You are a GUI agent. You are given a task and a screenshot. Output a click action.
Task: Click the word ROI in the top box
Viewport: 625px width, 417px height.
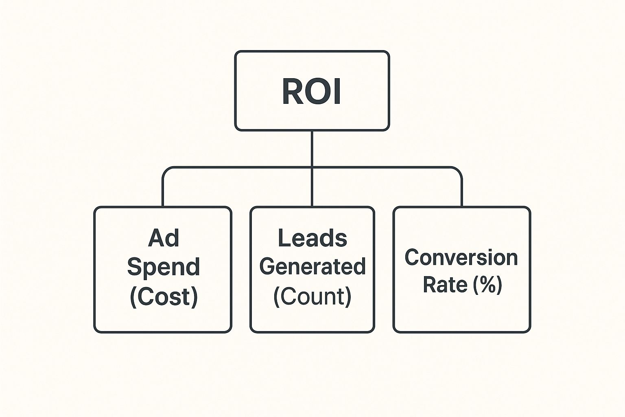pyautogui.click(x=311, y=92)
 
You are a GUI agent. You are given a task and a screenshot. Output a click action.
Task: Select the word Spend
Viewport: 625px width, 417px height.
pyautogui.click(x=163, y=267)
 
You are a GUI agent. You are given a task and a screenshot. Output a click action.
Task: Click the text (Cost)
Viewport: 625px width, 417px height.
pyautogui.click(x=164, y=296)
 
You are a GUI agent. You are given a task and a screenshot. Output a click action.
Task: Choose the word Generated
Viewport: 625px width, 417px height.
pyautogui.click(x=312, y=267)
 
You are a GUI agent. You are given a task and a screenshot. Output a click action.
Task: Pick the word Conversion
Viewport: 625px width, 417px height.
pyautogui.click(x=461, y=258)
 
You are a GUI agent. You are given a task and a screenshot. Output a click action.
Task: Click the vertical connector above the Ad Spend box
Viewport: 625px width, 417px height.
pyautogui.click(x=163, y=191)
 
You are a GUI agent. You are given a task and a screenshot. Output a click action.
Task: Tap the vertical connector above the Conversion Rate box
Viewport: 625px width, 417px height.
pyautogui.click(x=462, y=191)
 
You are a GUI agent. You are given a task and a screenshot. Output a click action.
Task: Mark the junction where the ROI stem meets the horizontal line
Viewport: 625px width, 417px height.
pyautogui.click(x=312, y=167)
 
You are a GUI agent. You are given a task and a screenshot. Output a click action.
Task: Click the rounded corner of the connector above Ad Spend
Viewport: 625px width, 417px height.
pyautogui.click(x=165, y=170)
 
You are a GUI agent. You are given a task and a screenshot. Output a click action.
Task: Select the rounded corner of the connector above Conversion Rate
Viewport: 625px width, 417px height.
pyautogui.click(x=459, y=170)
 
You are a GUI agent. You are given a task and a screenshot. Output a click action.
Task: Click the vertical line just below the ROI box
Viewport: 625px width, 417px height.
pyautogui.click(x=312, y=147)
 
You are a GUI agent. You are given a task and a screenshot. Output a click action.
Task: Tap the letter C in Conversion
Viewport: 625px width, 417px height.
pyautogui.click(x=412, y=258)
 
